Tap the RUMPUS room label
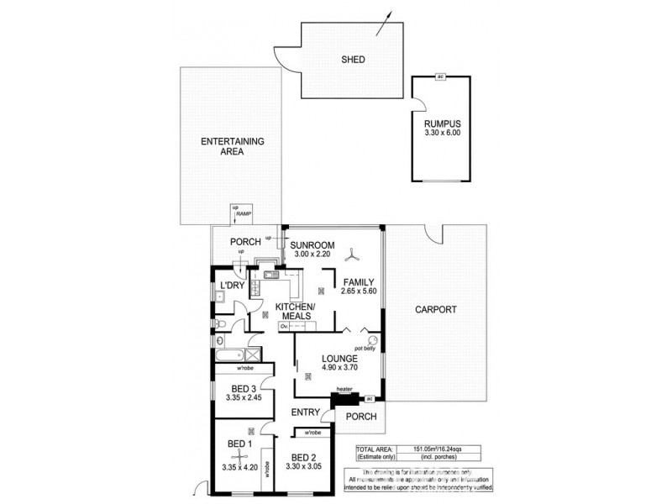pyautogui.click(x=443, y=124)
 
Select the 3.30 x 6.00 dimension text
pyautogui.click(x=443, y=134)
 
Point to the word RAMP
pyautogui.click(x=244, y=214)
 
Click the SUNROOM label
pyautogui.click(x=312, y=244)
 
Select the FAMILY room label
pyautogui.click(x=359, y=282)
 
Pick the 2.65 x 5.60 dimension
pyautogui.click(x=359, y=292)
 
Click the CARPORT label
pyautogui.click(x=436, y=310)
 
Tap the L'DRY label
pyautogui.click(x=231, y=287)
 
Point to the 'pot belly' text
pyautogui.click(x=364, y=346)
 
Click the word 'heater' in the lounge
pyautogui.click(x=344, y=389)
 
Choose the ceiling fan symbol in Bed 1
pyautogui.click(x=242, y=458)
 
